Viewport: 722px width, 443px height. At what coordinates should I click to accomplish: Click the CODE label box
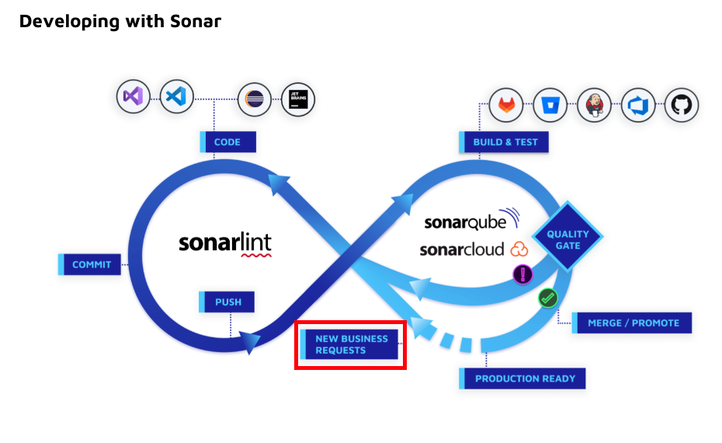[227, 142]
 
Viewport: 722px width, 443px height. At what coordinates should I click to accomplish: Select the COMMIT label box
[91, 264]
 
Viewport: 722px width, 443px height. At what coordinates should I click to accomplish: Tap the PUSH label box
[227, 302]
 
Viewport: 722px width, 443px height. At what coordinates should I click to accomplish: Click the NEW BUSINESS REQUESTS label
[351, 344]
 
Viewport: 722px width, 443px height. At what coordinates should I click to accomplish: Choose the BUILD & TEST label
[503, 142]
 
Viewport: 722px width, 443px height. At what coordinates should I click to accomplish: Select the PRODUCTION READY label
[525, 378]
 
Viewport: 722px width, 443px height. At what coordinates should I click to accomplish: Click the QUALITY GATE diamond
[568, 239]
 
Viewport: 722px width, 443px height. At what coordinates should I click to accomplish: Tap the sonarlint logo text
[225, 242]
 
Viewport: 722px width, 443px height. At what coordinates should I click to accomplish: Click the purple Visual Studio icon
[133, 97]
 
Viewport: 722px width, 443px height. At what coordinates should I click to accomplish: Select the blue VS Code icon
[176, 97]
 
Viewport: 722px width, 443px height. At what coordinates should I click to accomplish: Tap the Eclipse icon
[254, 99]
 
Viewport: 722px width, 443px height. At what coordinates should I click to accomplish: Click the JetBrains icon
[298, 99]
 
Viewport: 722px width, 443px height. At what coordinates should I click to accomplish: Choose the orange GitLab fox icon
[506, 105]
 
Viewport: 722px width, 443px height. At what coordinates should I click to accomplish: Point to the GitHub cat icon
[682, 105]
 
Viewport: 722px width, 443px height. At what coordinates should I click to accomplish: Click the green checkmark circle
[548, 298]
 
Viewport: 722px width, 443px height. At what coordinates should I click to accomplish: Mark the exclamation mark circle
[523, 274]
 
